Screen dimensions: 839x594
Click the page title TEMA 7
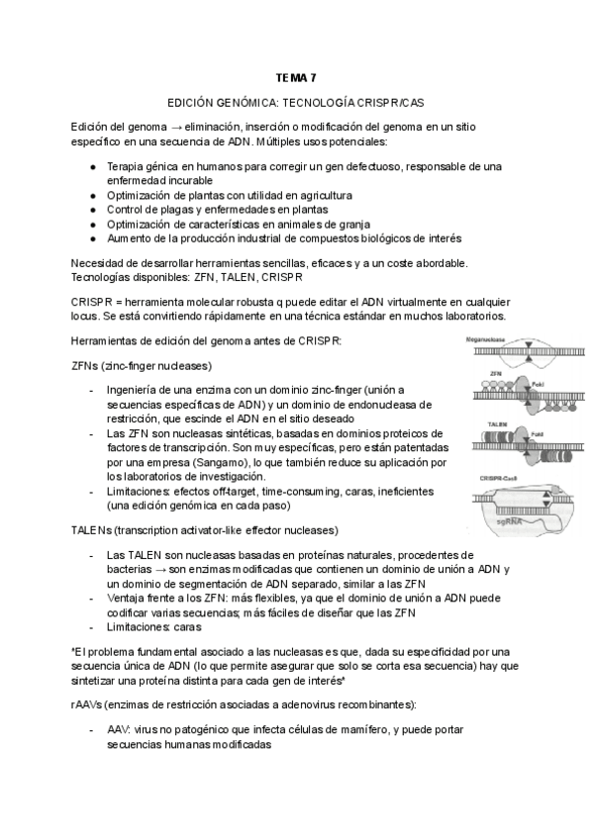coord(297,77)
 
